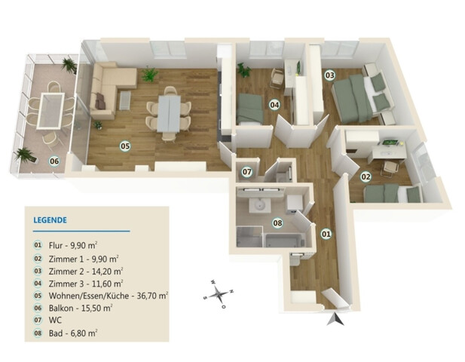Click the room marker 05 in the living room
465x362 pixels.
click(x=125, y=146)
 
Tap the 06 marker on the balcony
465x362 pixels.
click(x=54, y=161)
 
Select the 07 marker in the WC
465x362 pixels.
click(x=247, y=172)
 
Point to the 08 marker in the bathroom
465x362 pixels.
click(x=277, y=222)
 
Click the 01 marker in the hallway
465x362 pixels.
click(x=326, y=234)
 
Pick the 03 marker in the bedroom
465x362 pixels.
click(x=330, y=75)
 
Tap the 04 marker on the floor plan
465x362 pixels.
click(x=274, y=105)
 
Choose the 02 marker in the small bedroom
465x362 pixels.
click(x=366, y=176)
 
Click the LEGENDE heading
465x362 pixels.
click(x=50, y=220)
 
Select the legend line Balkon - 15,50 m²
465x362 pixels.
click(x=80, y=308)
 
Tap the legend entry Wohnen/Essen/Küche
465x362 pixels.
click(x=89, y=296)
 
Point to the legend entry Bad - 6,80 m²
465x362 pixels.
click(x=73, y=333)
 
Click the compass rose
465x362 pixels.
click(x=219, y=294)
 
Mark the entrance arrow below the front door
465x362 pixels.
click(x=335, y=319)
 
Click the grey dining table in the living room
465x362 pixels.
click(x=169, y=113)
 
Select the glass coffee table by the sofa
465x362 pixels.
click(x=125, y=100)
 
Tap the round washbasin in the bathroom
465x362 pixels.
click(x=259, y=205)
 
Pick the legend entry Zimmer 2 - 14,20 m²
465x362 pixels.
click(x=86, y=271)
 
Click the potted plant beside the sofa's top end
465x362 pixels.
click(x=149, y=75)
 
